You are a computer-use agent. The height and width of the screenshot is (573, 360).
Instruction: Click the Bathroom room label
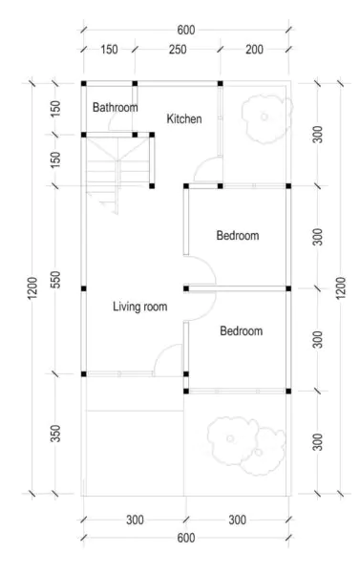click(x=115, y=108)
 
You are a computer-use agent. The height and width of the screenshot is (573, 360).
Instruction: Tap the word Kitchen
click(x=184, y=119)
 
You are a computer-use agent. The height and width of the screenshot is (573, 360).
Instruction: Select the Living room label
click(x=140, y=307)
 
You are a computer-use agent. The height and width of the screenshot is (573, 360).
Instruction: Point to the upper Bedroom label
click(x=238, y=235)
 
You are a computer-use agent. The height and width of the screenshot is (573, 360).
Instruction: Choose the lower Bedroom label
click(x=241, y=331)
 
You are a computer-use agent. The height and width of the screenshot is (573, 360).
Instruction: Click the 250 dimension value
click(x=177, y=49)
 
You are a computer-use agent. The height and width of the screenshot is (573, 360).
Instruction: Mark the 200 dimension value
click(x=253, y=49)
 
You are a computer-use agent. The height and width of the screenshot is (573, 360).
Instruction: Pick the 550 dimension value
click(x=58, y=283)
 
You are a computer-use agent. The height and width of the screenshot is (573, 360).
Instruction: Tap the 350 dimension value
click(x=58, y=435)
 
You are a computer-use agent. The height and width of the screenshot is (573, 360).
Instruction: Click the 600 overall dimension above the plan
click(x=185, y=31)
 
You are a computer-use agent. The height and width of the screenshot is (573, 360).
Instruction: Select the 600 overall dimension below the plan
click(x=185, y=539)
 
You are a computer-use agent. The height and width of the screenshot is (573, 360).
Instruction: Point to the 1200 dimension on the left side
click(x=31, y=287)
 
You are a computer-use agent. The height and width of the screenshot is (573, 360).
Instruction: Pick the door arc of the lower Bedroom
click(x=203, y=304)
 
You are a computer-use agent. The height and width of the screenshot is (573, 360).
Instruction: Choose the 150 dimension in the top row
click(x=109, y=49)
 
